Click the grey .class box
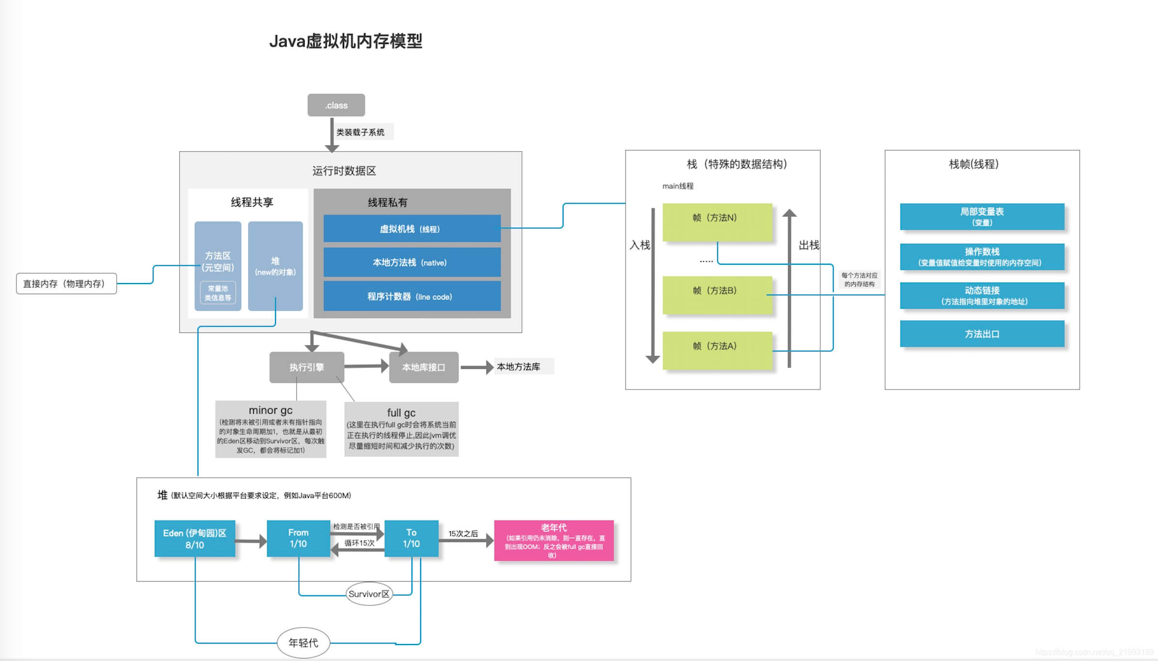(x=336, y=105)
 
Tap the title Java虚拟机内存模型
(x=346, y=41)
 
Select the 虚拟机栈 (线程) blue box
(x=411, y=228)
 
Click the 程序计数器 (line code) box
(x=411, y=296)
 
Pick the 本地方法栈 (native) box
(x=411, y=262)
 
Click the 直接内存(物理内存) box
(x=66, y=284)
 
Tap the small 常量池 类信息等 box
(x=218, y=293)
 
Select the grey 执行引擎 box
(x=306, y=367)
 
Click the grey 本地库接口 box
(x=424, y=367)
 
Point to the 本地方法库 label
(x=518, y=367)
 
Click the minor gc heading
(x=270, y=410)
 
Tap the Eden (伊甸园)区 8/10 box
(x=195, y=539)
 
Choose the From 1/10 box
(x=298, y=538)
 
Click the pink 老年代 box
(x=553, y=541)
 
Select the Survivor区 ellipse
(x=369, y=594)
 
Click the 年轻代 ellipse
(x=303, y=643)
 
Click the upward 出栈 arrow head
(x=789, y=213)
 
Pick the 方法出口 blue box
(x=982, y=334)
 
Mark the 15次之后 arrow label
(x=463, y=533)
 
